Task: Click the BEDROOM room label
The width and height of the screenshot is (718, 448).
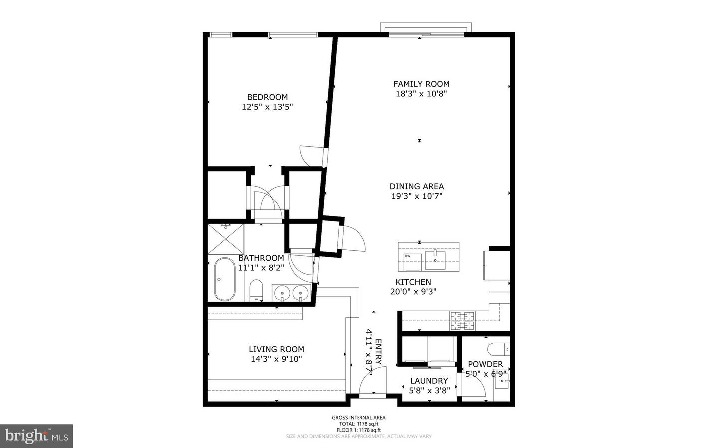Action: [x=267, y=97]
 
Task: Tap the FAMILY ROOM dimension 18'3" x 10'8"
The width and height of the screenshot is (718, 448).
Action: [x=421, y=94]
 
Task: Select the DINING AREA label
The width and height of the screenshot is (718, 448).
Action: [x=416, y=186]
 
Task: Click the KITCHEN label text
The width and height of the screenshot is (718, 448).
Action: [x=413, y=282]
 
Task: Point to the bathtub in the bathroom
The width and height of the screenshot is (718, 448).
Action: [x=224, y=279]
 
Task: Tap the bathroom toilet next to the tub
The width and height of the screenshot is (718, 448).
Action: [x=256, y=290]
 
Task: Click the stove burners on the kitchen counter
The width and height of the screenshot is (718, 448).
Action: [x=463, y=321]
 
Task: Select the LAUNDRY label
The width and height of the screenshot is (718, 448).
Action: [x=429, y=381]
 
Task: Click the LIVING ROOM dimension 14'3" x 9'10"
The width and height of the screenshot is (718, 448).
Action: [x=276, y=359]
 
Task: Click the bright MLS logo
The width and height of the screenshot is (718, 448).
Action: [x=36, y=436]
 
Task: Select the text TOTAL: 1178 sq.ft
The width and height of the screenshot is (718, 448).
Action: [x=359, y=424]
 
